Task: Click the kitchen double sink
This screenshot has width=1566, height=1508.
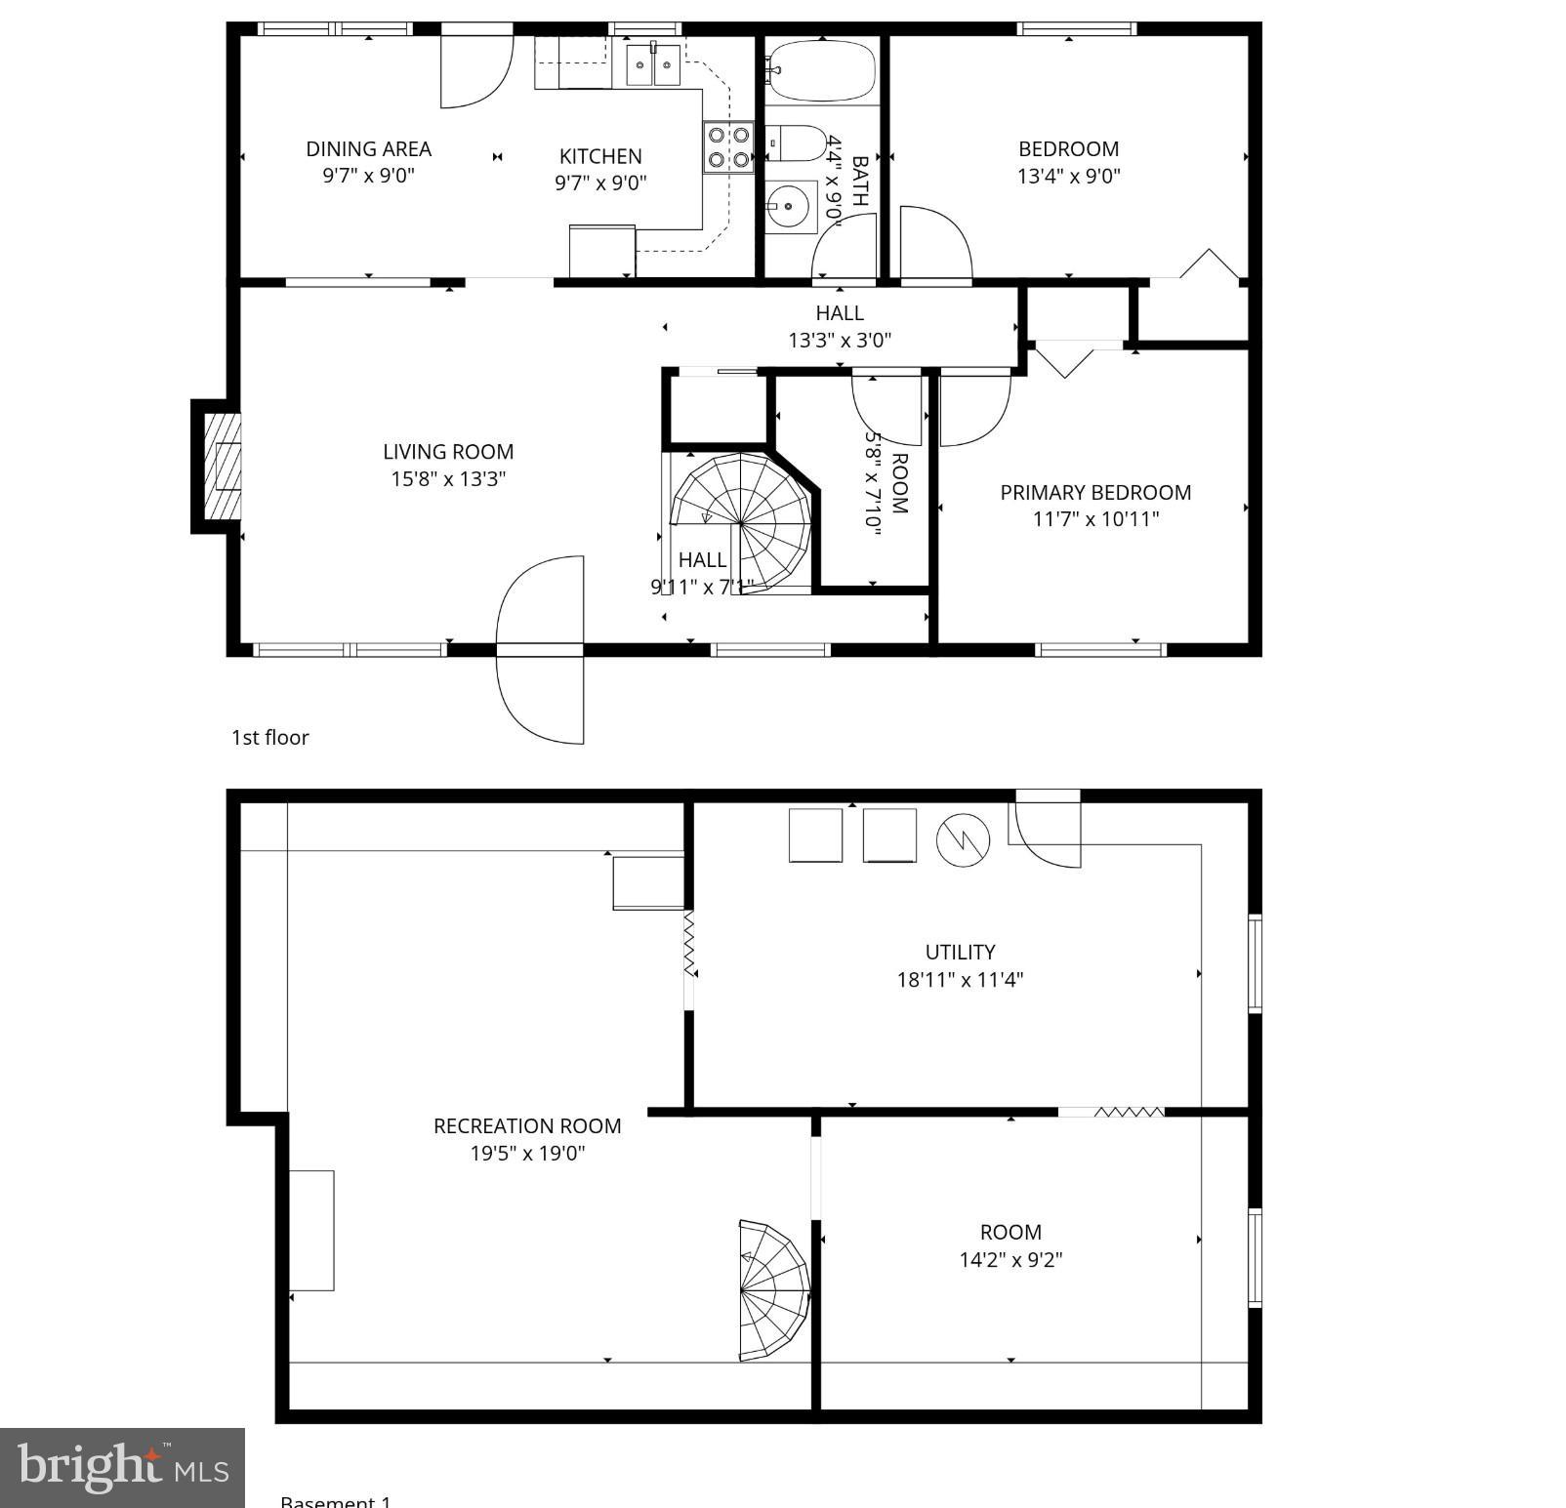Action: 653,64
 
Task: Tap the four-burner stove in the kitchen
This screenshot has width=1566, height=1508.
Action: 728,147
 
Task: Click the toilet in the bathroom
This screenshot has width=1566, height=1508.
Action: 799,144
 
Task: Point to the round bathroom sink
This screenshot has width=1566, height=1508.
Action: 789,207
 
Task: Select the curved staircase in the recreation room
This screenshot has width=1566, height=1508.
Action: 773,1289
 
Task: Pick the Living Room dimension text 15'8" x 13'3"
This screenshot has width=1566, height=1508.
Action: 448,479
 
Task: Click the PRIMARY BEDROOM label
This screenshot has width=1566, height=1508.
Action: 1095,492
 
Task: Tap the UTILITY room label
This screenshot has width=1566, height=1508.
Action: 960,952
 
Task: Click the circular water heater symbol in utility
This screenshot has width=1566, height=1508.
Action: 963,839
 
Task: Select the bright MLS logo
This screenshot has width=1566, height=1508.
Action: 122,1467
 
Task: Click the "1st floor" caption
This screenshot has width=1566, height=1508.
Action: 269,738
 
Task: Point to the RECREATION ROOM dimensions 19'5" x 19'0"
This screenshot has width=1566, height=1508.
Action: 527,1153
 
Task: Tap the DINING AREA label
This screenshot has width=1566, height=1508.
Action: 368,149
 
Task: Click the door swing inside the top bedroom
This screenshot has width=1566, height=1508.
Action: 934,244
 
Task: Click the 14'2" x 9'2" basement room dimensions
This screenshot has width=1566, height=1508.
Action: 1010,1259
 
